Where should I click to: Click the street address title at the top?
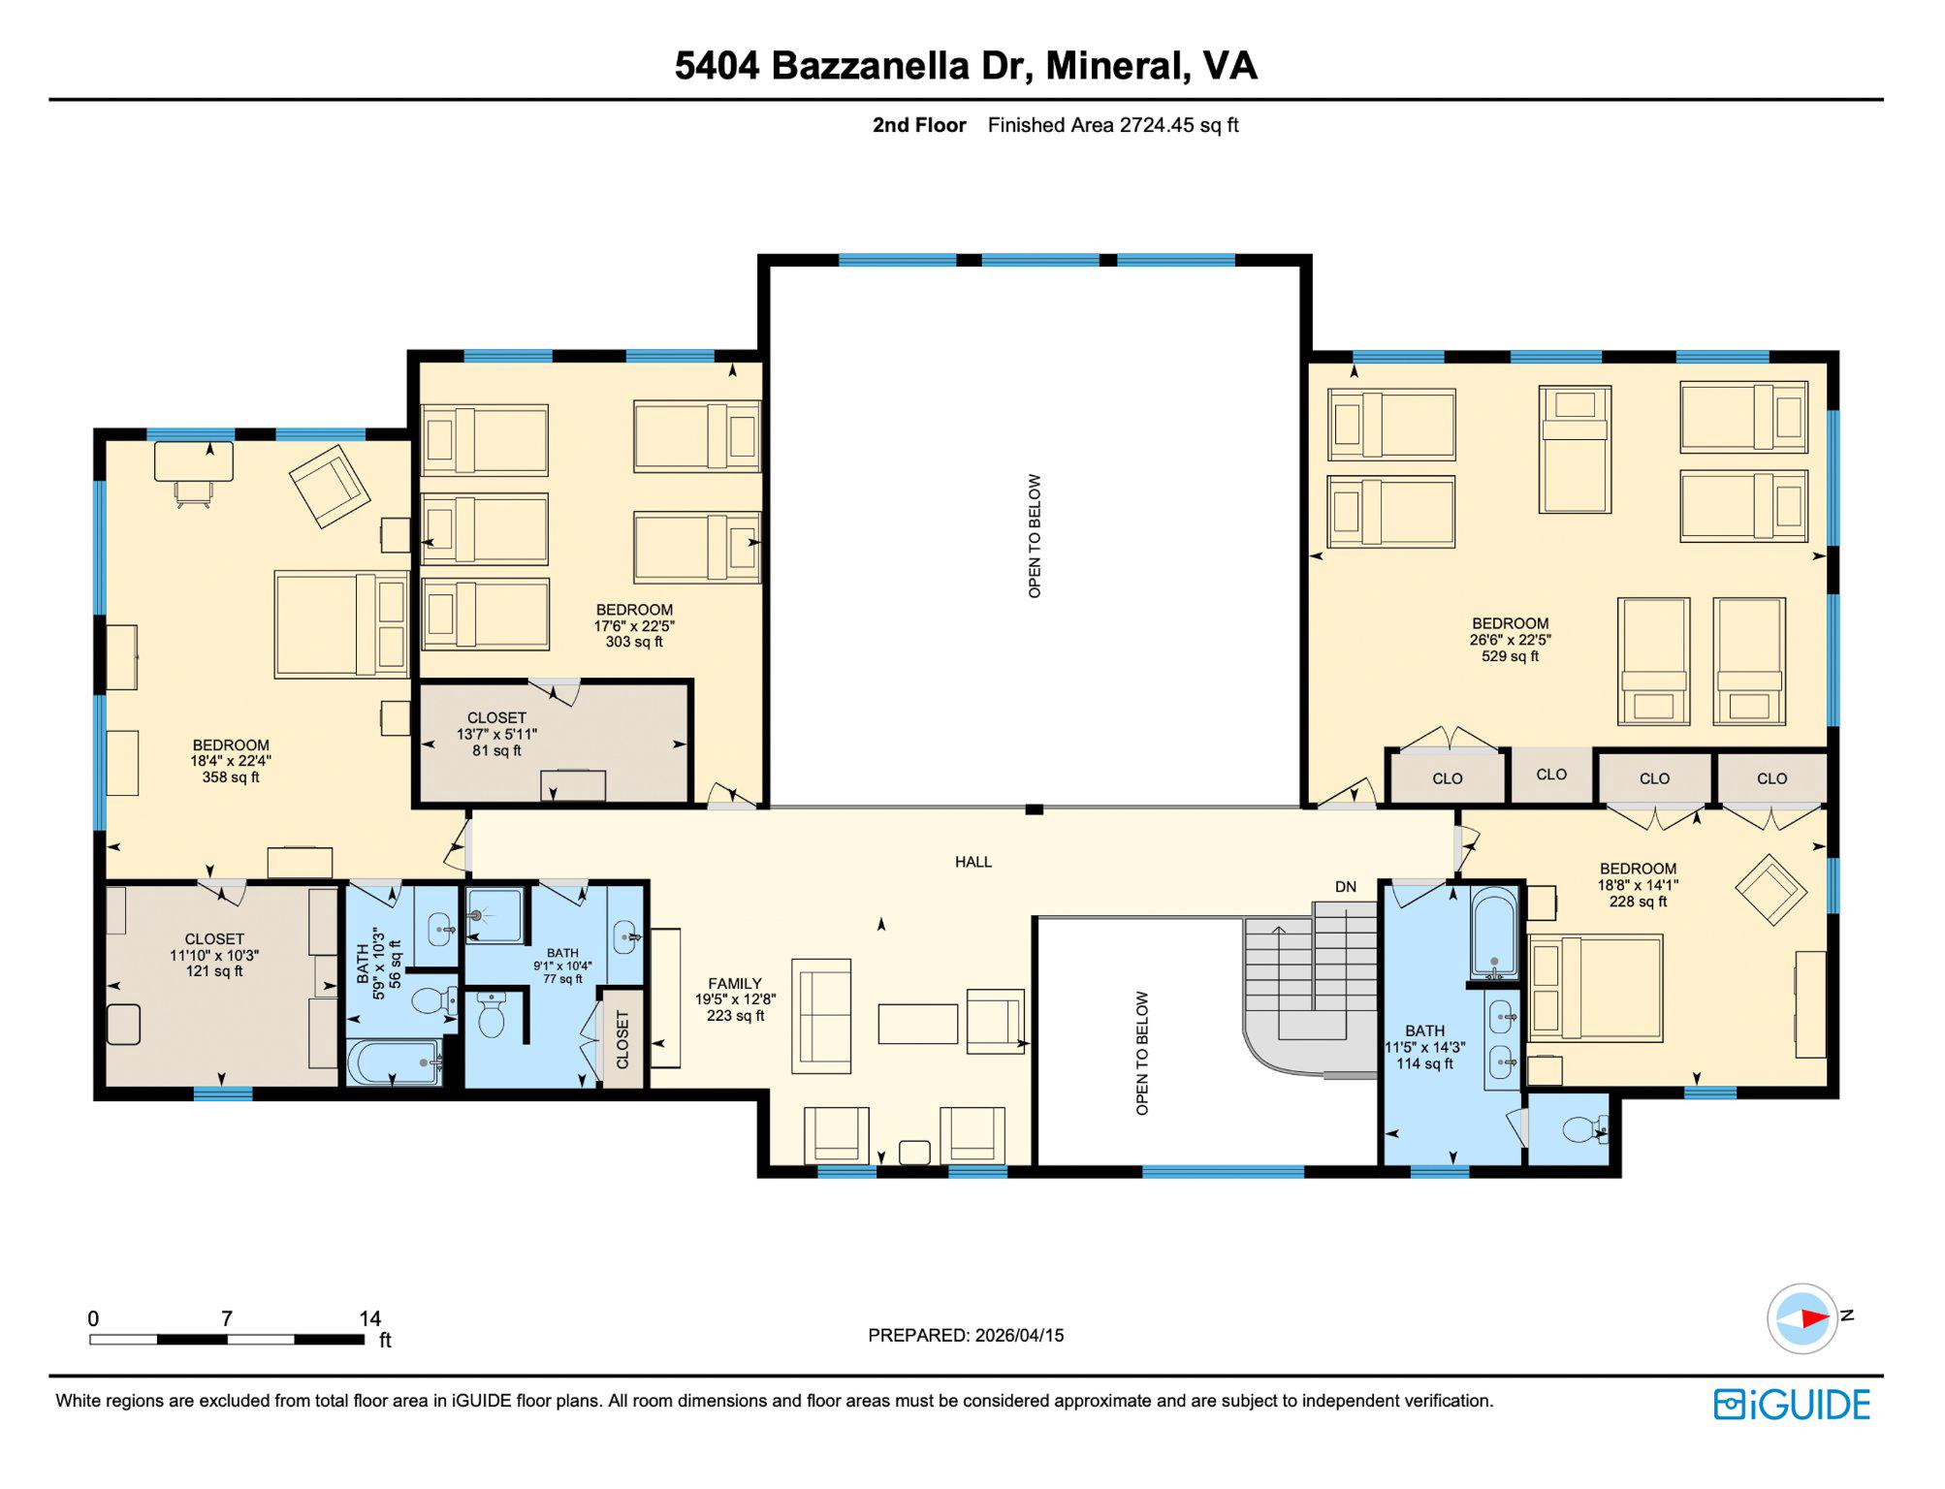(x=966, y=65)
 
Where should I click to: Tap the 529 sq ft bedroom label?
(x=1510, y=640)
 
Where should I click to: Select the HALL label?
(x=972, y=862)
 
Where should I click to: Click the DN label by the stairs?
(x=1345, y=886)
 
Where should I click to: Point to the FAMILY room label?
(x=735, y=998)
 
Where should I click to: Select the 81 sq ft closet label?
(x=496, y=734)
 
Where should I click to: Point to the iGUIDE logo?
(x=1792, y=1405)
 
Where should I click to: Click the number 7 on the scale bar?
(x=226, y=1318)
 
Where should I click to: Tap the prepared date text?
(x=966, y=1335)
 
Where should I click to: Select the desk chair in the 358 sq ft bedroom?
(x=194, y=494)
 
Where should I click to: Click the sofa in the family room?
(x=821, y=1016)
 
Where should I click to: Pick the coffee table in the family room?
(x=917, y=1024)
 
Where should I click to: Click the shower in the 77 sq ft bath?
(x=494, y=915)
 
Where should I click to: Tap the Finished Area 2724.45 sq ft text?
(x=1112, y=125)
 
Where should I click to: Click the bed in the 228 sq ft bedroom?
(x=1595, y=988)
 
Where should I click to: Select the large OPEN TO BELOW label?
(x=1035, y=535)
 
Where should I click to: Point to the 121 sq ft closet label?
(x=214, y=955)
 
